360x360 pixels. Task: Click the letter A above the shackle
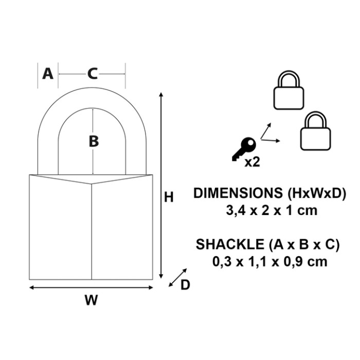[x=48, y=74]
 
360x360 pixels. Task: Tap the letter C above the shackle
[x=93, y=74]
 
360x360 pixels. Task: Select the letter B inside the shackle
[x=94, y=141]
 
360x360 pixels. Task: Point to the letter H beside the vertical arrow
[x=169, y=197]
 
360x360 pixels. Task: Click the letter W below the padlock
[x=92, y=300]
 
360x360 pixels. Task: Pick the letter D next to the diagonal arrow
[x=185, y=285]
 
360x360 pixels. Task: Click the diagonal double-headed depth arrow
[x=178, y=278]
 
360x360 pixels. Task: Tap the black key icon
[x=244, y=149]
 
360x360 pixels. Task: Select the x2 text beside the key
[x=252, y=162]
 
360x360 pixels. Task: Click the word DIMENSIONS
[x=238, y=193]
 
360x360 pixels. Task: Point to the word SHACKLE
[x=229, y=244]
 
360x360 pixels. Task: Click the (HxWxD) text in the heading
[x=316, y=193]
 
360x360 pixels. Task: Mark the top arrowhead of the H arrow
[x=161, y=94]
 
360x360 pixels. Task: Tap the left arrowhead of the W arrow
[x=32, y=287]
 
